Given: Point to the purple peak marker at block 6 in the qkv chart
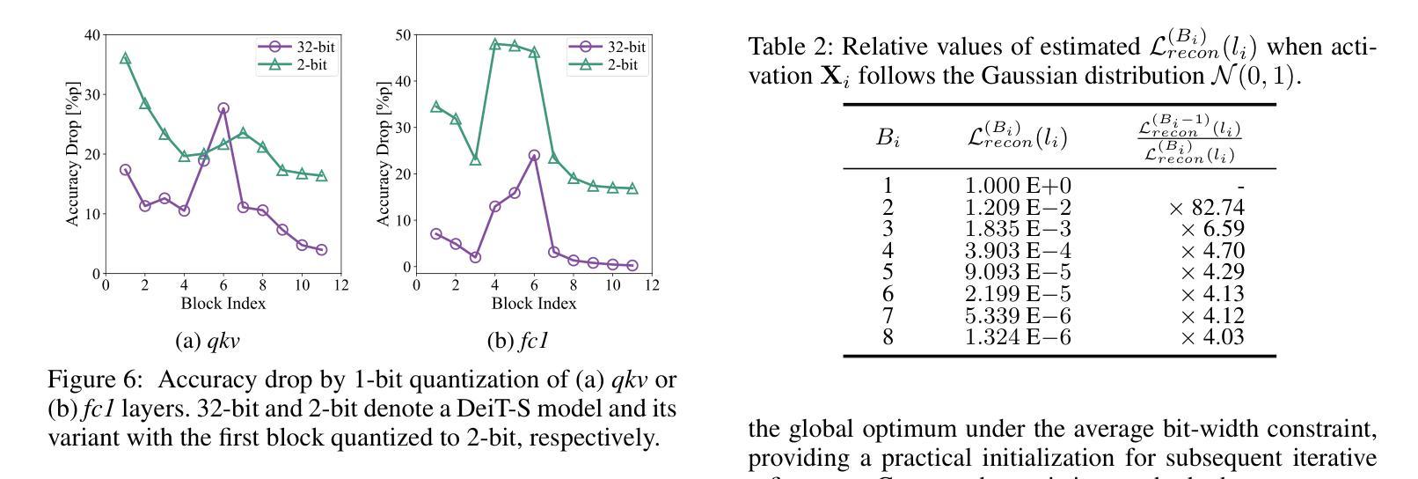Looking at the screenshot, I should click(223, 108).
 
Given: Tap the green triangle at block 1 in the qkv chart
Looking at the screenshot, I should click(125, 58).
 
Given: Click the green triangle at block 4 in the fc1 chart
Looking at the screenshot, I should click(494, 44).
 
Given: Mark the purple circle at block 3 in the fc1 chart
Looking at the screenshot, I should click(475, 257).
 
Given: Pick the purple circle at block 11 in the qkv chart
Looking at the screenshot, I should click(321, 250).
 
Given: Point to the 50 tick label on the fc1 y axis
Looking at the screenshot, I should click(404, 35).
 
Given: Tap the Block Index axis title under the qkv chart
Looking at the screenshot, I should click(223, 304).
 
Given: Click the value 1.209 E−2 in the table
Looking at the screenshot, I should click(1018, 208).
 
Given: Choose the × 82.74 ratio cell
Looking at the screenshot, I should click(1206, 208).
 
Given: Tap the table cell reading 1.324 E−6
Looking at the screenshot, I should click(1018, 337).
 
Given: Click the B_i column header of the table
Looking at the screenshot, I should click(888, 138).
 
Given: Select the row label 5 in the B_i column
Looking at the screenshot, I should click(888, 272).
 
